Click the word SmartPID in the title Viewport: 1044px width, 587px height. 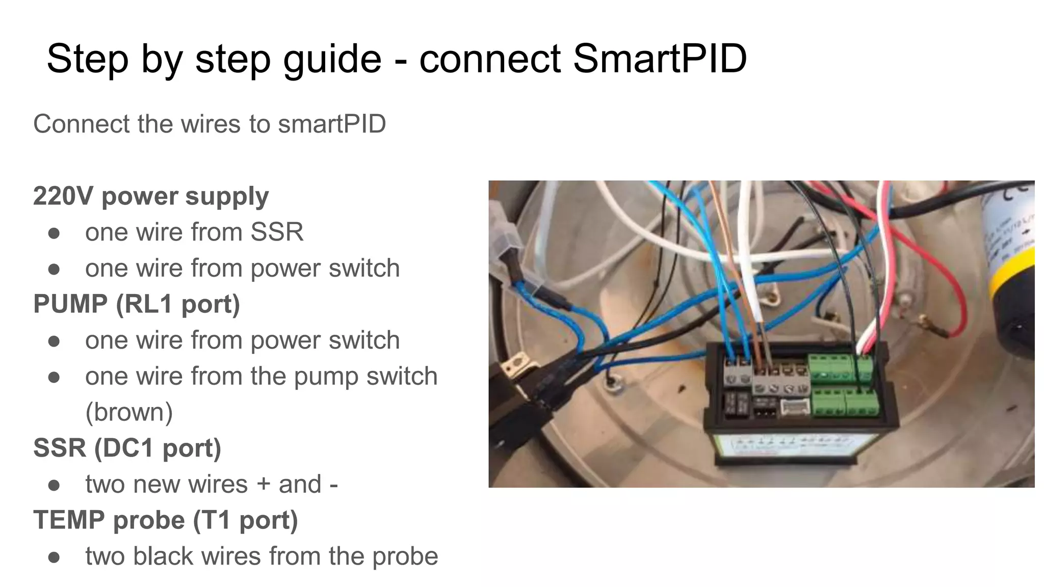click(660, 58)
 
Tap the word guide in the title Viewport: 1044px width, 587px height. click(332, 59)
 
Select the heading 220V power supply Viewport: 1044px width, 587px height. click(151, 196)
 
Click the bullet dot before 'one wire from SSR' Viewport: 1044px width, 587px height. click(54, 233)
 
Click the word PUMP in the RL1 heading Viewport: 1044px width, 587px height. click(70, 304)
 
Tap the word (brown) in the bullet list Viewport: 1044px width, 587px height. click(129, 412)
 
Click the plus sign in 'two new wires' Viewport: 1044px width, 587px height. click(264, 485)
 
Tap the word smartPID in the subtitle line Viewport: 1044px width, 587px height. click(332, 124)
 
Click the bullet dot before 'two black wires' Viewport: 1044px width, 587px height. click(54, 557)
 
